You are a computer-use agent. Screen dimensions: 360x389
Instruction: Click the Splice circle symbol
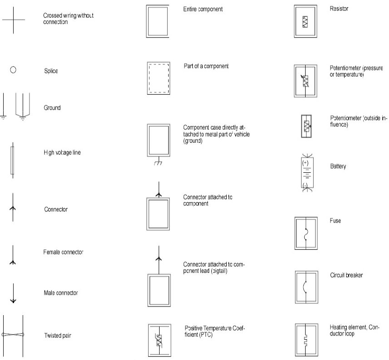13,70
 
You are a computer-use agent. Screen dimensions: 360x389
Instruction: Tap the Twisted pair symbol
13,335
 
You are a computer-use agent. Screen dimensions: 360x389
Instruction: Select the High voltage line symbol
12,160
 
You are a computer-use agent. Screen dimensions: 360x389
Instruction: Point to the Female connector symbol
13,256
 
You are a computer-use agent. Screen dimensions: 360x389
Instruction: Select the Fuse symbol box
306,233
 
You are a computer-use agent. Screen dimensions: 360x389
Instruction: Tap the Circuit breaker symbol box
306,287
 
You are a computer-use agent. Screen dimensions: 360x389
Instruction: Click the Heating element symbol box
306,339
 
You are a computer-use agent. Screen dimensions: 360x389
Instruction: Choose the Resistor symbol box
306,21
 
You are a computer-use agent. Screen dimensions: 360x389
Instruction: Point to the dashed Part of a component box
159,78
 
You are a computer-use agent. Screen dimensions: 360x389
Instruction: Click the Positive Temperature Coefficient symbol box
159,340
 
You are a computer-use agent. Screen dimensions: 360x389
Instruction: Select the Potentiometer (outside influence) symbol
306,126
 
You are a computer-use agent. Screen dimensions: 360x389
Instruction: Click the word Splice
51,71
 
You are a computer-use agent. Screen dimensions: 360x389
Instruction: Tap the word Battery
338,166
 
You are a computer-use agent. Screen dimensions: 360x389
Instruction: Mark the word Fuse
336,221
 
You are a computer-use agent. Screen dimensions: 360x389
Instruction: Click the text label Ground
52,108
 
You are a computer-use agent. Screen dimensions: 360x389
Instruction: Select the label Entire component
203,9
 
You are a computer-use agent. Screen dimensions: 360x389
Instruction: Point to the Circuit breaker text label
346,275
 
